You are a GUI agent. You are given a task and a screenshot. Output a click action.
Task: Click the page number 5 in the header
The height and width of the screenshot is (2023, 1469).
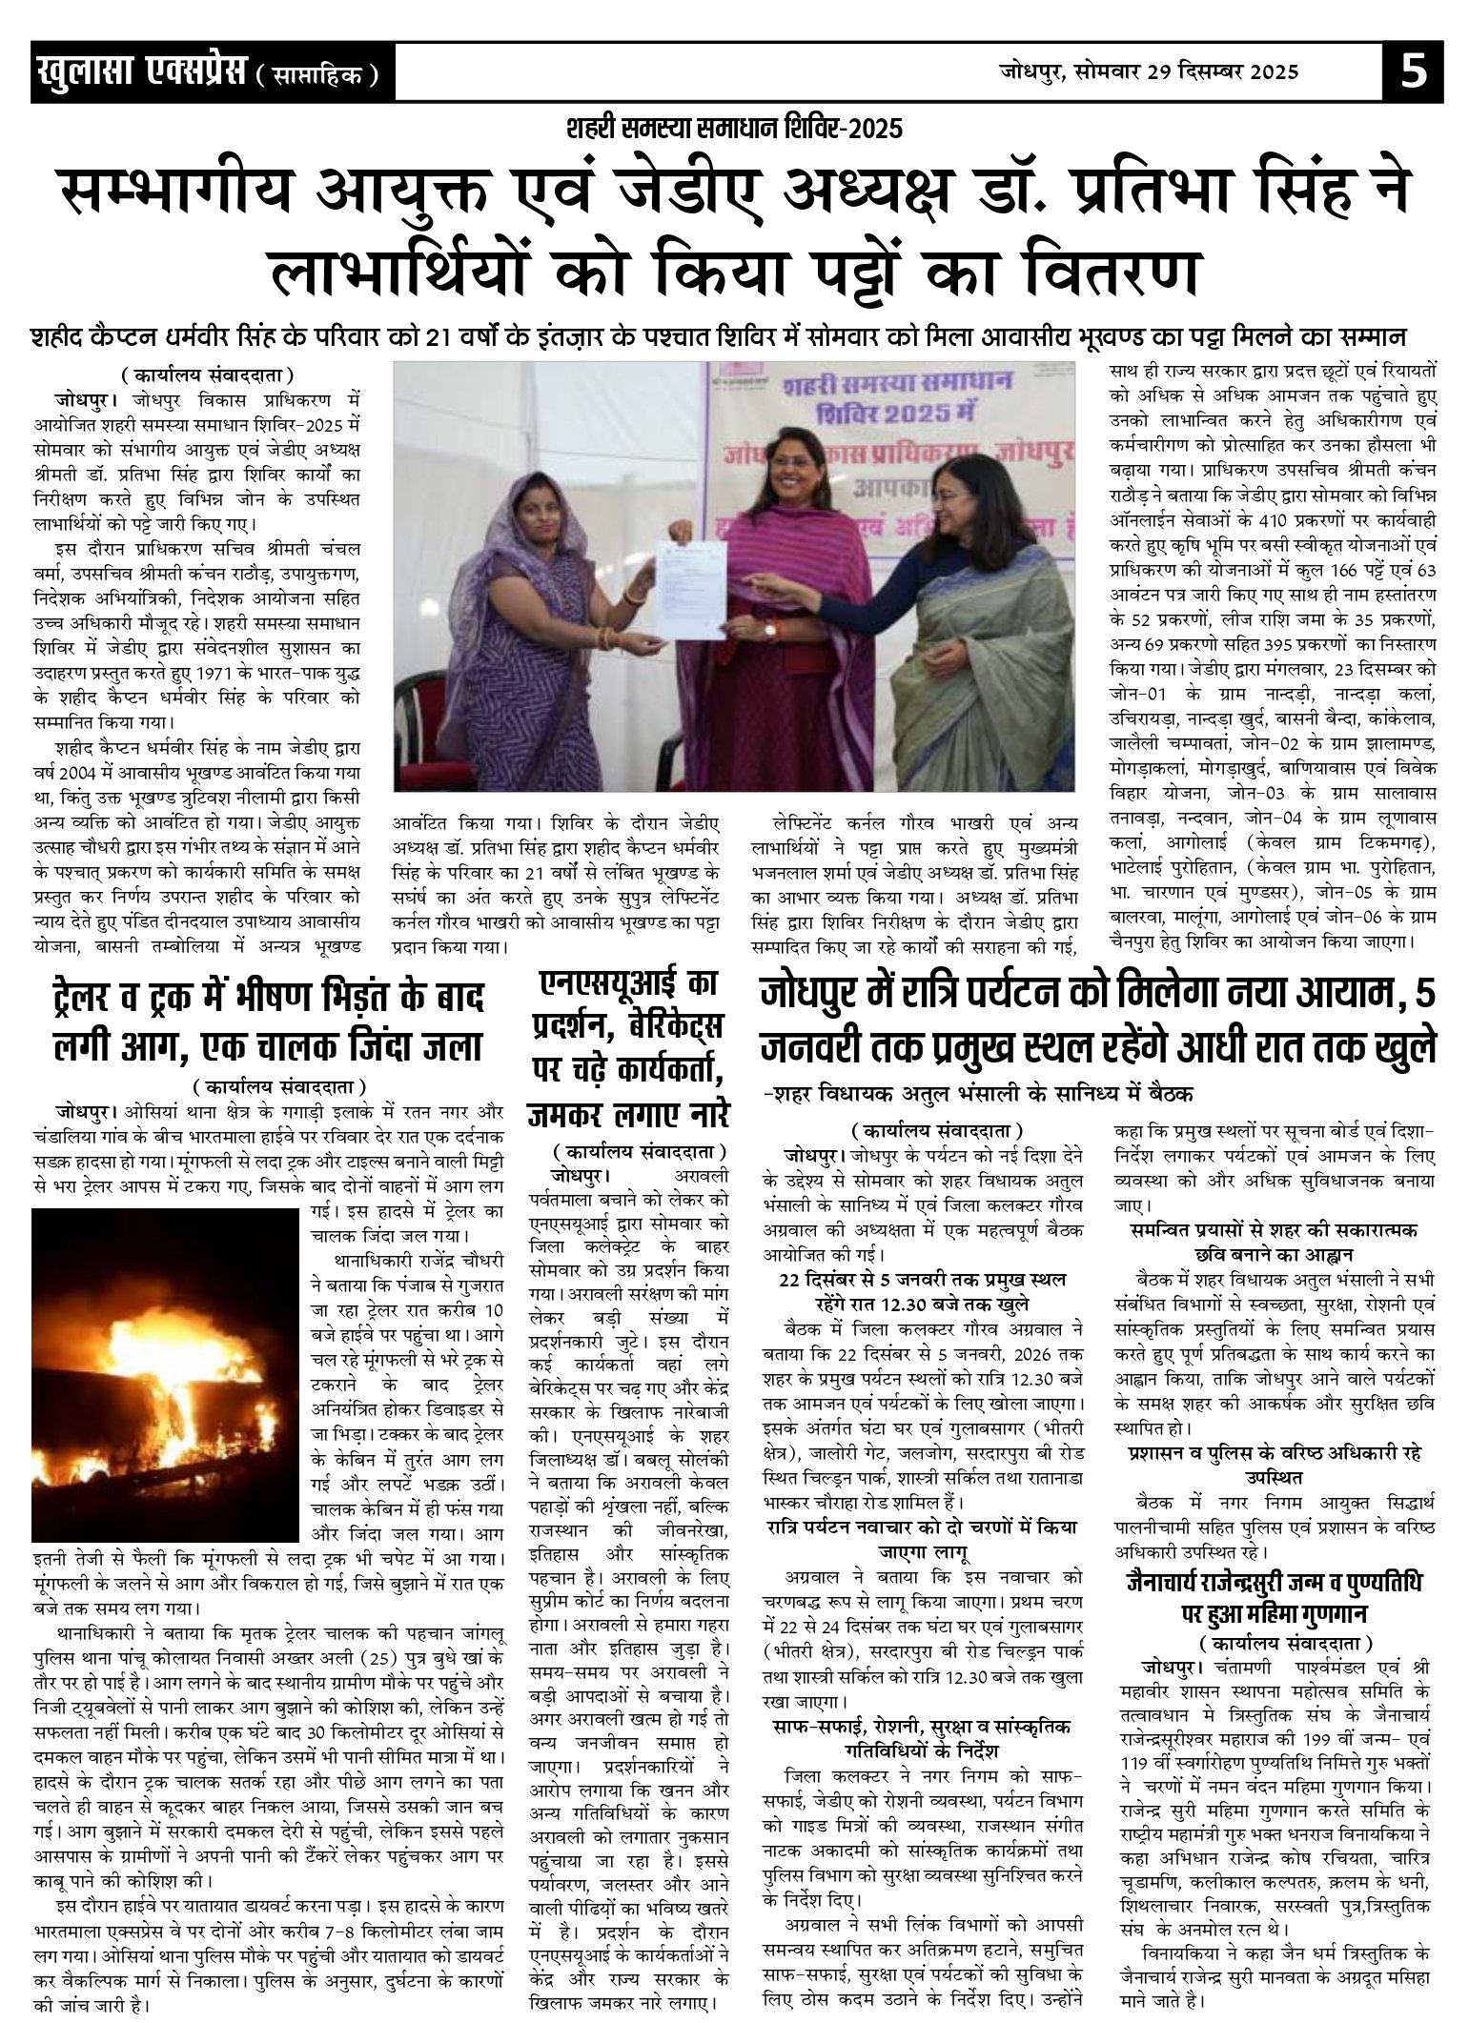[1414, 71]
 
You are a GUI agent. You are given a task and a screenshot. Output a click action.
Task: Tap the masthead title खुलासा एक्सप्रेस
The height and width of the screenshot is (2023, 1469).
[139, 72]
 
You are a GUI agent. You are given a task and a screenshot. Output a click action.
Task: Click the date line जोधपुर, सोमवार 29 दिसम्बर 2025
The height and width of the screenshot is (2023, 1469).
[1149, 71]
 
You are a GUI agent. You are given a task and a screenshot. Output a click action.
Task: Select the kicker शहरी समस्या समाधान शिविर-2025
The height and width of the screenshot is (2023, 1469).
[734, 128]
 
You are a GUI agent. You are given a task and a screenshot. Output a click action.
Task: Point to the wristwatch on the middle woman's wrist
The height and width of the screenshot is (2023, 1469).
[769, 630]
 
